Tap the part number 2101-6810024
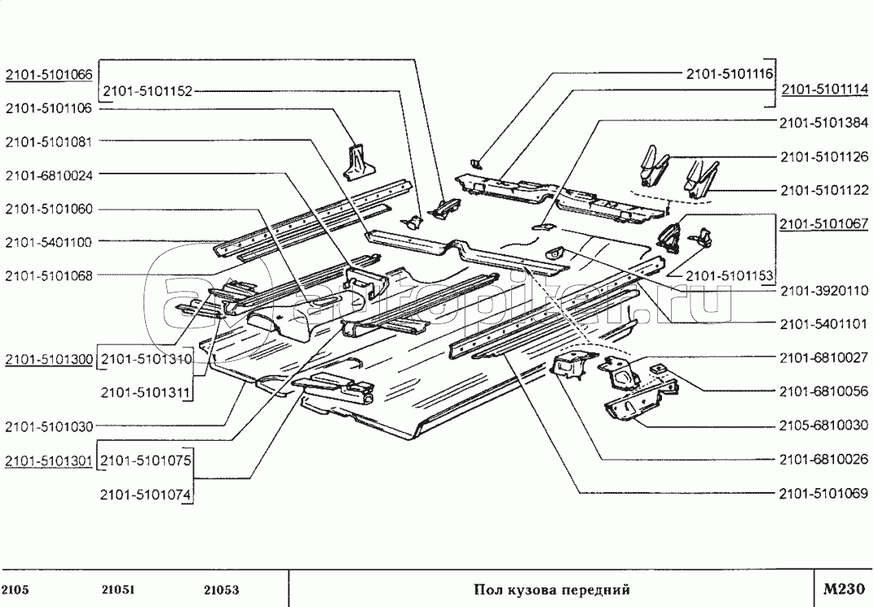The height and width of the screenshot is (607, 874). click(x=48, y=174)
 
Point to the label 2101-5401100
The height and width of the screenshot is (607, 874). click(x=48, y=241)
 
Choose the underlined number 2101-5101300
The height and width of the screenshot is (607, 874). click(x=48, y=358)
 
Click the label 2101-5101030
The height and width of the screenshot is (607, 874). click(x=48, y=425)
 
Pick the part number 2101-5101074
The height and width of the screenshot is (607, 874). click(x=145, y=493)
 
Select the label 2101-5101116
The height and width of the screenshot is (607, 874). click(x=728, y=74)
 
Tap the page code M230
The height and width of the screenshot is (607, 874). click(x=843, y=589)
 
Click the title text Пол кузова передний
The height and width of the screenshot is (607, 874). click(x=552, y=590)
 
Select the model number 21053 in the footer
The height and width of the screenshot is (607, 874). click(x=221, y=590)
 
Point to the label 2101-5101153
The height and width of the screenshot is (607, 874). click(x=728, y=275)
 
